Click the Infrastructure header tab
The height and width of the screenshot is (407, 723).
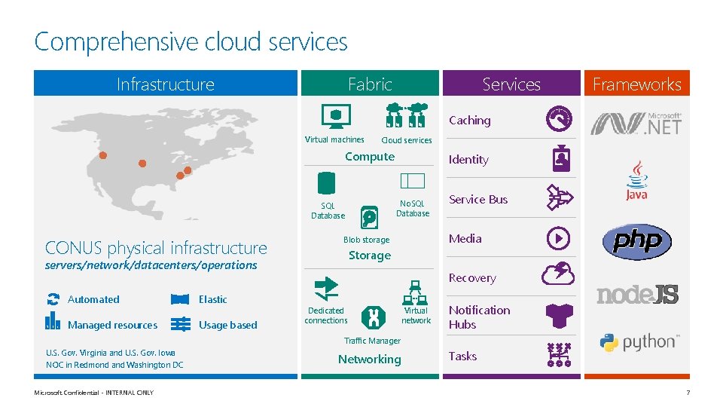tap(166, 84)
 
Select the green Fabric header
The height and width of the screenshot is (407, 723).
tap(370, 84)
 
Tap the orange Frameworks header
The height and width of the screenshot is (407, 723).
tap(636, 84)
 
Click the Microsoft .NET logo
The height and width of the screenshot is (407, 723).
tap(636, 122)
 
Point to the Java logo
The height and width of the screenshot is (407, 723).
tap(636, 180)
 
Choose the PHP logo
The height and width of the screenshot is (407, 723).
tap(636, 241)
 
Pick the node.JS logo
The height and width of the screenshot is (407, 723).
tap(637, 294)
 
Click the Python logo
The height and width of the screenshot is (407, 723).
tap(637, 342)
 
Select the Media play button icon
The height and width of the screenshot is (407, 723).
tap(559, 238)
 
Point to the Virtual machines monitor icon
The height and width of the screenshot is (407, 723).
tap(335, 118)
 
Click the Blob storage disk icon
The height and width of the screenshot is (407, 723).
tap(370, 217)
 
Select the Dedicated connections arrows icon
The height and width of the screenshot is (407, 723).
tap(326, 287)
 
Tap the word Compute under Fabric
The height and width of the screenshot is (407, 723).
tap(370, 157)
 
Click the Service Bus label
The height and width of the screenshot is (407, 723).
tap(478, 199)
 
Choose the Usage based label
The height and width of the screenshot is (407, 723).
tap(227, 325)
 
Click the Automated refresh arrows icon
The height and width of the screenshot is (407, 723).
tap(53, 299)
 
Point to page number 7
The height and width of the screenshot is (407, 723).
tap(688, 393)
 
